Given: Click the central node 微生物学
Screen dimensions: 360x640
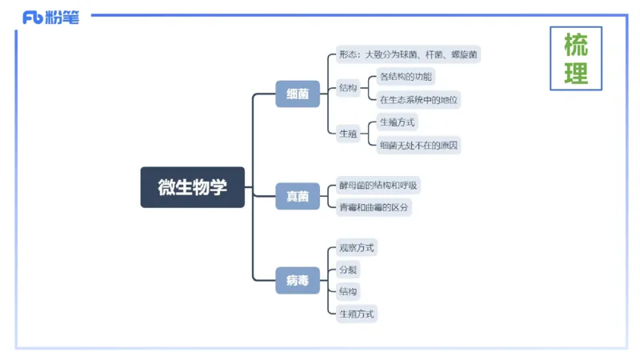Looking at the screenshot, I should click(193, 187).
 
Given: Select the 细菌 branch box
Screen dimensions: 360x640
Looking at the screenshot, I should click(298, 94).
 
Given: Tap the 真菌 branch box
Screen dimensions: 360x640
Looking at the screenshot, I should click(298, 196).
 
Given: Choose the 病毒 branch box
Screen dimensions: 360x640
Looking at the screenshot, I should click(298, 281).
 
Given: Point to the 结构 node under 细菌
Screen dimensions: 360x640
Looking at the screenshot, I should click(347, 88).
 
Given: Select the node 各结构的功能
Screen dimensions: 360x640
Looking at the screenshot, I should click(406, 78).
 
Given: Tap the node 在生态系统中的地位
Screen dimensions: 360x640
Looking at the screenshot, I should click(419, 100).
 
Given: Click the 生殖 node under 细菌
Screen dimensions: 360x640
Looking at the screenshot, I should click(347, 134).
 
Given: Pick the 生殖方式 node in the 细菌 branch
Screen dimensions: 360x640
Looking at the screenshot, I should click(398, 122).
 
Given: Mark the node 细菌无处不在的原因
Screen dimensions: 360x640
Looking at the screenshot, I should click(419, 145).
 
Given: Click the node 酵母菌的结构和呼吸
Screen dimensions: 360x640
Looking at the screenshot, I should click(378, 186).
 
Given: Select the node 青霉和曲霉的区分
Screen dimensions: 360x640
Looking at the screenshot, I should click(374, 207).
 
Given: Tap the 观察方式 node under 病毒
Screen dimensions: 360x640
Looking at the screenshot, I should click(356, 247).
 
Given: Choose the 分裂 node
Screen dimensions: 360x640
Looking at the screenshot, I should click(347, 269).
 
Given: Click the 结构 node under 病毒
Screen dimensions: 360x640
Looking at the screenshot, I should click(347, 290).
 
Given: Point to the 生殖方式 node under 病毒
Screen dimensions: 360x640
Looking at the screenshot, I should click(356, 313).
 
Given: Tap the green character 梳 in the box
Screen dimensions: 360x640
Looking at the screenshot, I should click(576, 43).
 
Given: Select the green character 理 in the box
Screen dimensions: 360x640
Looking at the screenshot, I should click(576, 74).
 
